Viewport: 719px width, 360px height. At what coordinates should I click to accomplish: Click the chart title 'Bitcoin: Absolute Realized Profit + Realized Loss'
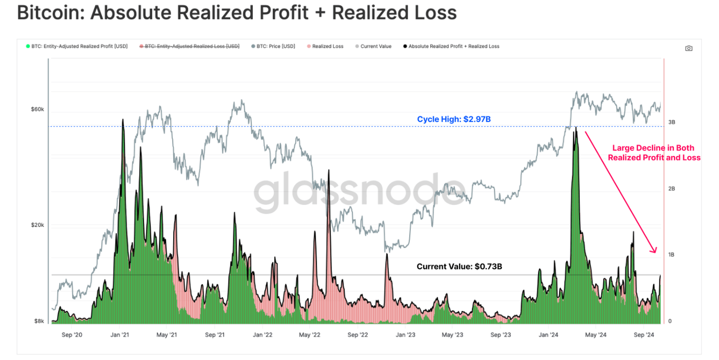[237, 13]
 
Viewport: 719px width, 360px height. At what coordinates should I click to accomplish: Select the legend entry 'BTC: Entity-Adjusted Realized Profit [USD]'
[79, 46]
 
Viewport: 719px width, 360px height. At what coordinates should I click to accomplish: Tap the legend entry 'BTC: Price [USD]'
[276, 46]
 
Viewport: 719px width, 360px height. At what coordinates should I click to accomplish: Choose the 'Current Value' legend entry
[375, 46]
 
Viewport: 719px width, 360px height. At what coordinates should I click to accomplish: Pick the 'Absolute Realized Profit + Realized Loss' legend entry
[454, 46]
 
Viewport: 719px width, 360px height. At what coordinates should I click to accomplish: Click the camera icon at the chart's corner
[688, 48]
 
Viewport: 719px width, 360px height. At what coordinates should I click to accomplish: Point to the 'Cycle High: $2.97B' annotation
[454, 119]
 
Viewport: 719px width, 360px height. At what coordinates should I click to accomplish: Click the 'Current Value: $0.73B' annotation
[459, 267]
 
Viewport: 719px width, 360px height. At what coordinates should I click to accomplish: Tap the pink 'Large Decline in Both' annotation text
[653, 148]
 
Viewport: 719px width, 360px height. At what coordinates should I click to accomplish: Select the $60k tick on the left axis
[38, 109]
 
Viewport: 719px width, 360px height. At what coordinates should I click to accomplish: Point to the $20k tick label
[38, 225]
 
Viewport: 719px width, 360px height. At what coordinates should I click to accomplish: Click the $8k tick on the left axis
[39, 321]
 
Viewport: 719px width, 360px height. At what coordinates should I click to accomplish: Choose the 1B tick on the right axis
[671, 255]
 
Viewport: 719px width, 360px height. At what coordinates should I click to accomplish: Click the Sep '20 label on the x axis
[72, 335]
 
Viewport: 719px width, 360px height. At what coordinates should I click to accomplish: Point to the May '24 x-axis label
[595, 335]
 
